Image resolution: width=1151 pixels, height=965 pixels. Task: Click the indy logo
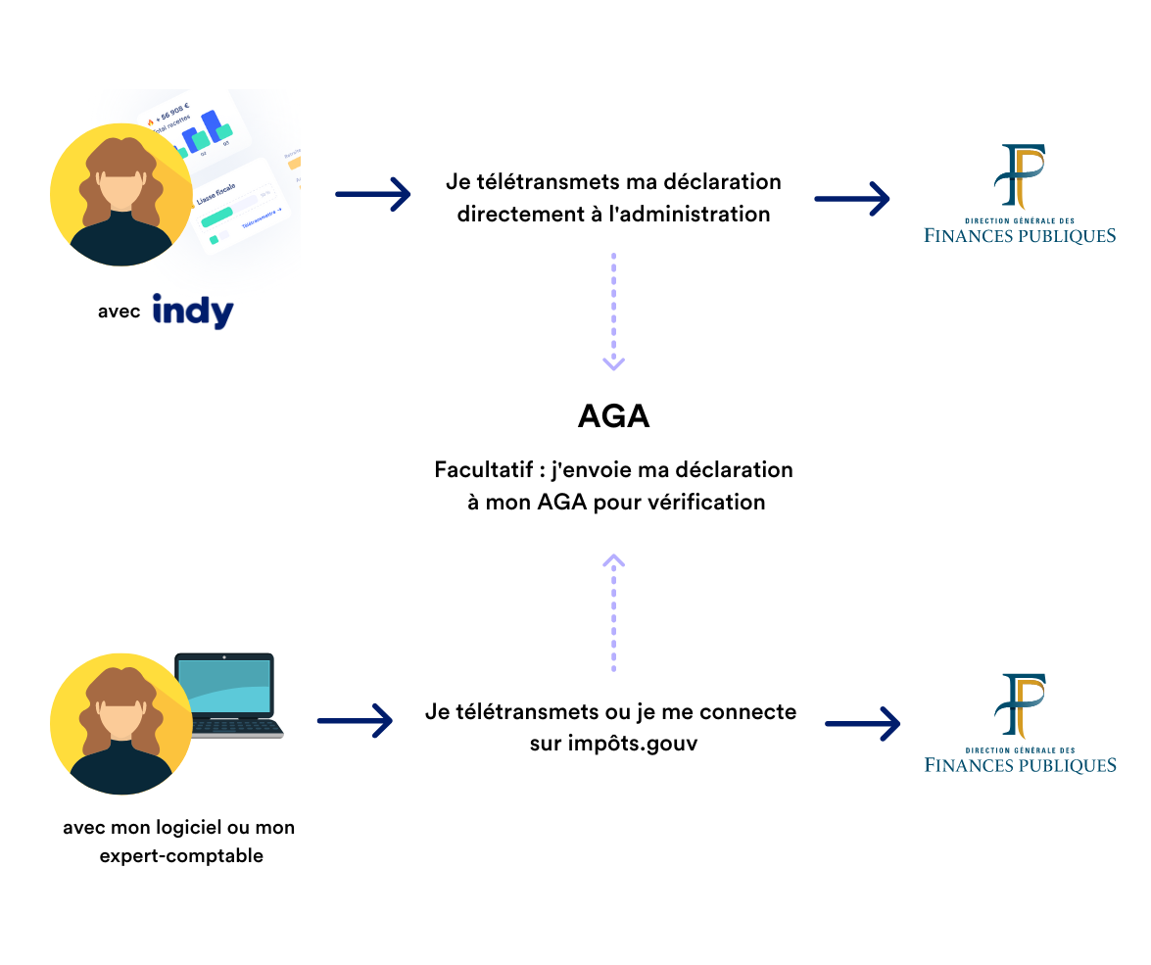click(193, 311)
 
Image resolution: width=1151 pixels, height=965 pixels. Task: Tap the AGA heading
click(614, 416)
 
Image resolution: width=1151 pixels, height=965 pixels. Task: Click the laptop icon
click(228, 694)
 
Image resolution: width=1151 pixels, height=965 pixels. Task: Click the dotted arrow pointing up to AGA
click(614, 612)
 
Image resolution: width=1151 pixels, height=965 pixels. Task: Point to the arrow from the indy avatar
click(372, 194)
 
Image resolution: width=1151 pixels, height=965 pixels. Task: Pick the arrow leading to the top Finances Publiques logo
click(851, 199)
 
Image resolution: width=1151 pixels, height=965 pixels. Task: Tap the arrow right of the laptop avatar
click(355, 722)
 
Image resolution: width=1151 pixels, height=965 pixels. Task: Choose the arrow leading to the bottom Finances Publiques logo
click(862, 724)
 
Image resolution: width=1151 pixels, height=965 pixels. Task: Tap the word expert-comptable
click(181, 856)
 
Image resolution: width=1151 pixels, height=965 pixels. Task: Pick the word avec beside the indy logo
click(119, 313)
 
